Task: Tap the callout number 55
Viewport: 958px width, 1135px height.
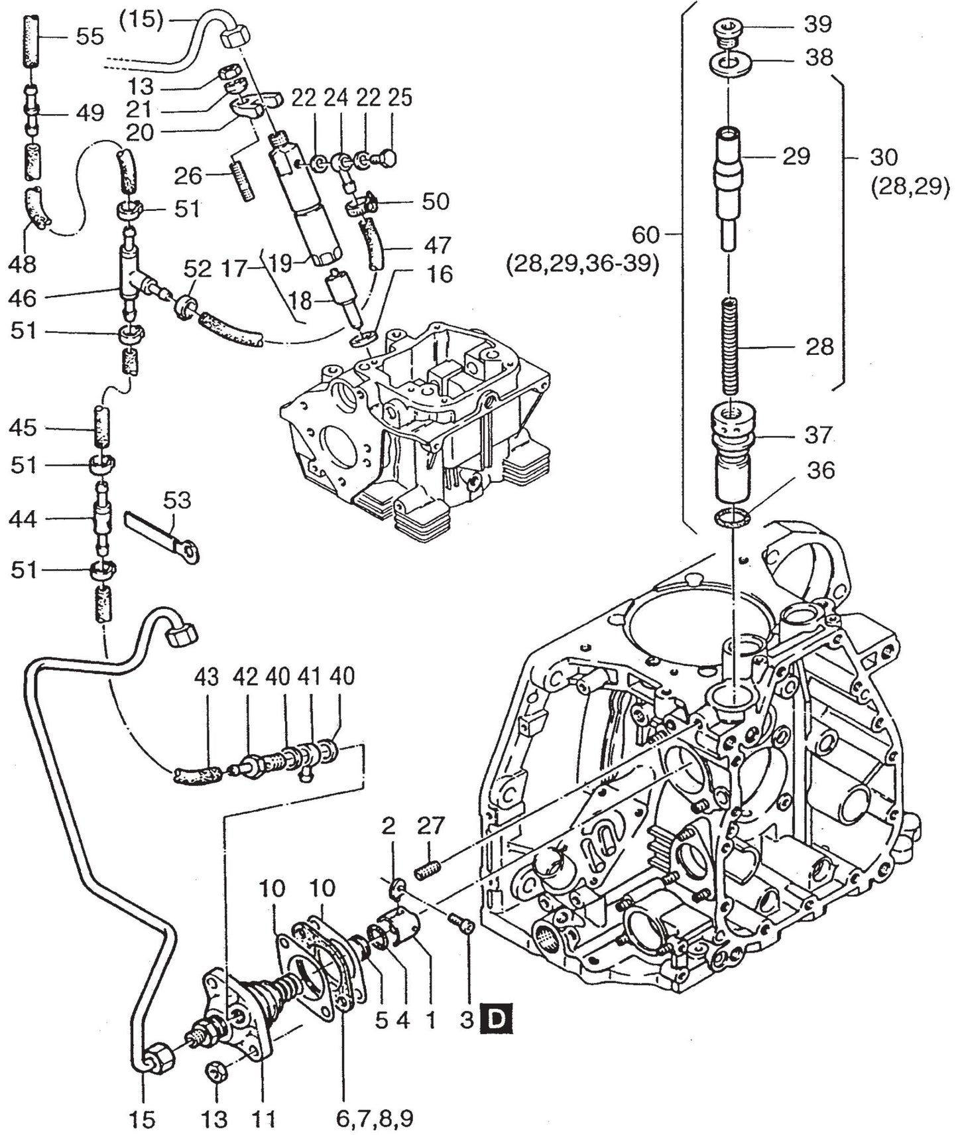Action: click(90, 36)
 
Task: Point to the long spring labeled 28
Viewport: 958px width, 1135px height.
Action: click(729, 345)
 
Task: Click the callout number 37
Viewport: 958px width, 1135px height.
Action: click(817, 434)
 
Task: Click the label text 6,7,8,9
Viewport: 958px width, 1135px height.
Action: click(375, 1118)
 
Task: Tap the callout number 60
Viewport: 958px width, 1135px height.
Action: click(646, 234)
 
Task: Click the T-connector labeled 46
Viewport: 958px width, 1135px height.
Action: click(131, 274)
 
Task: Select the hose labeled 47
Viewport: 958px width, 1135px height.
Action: click(373, 243)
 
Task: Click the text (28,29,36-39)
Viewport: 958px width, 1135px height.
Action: click(582, 265)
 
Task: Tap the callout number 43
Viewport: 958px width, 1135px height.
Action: click(206, 677)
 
